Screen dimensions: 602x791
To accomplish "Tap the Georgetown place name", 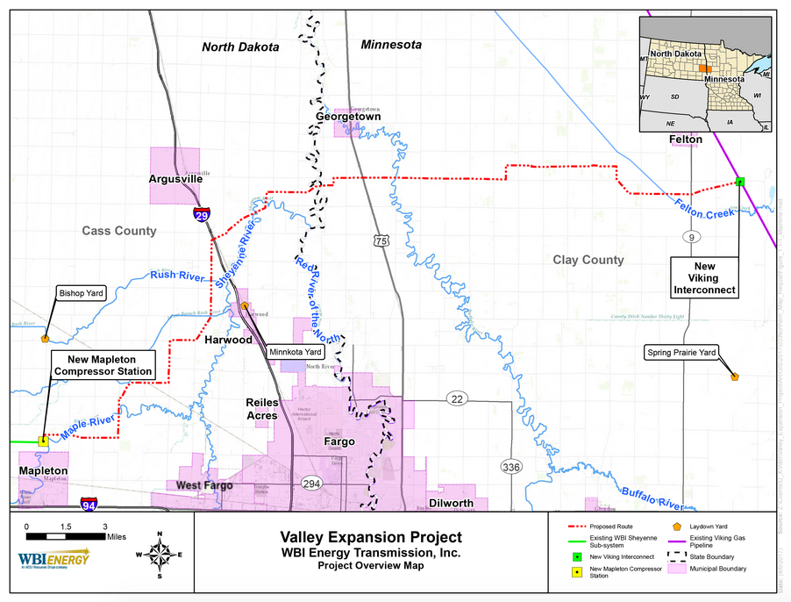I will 348,116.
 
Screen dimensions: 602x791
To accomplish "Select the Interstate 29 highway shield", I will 202,213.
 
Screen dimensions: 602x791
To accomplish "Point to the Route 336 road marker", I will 511,467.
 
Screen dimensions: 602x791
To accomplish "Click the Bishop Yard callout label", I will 81,294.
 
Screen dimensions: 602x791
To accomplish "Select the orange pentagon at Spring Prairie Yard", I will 734,376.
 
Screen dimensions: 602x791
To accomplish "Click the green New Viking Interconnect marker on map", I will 740,182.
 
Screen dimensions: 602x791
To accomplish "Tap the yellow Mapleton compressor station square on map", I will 42,441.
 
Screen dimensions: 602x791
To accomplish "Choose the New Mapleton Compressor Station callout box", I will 103,365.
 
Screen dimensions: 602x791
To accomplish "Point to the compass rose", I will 160,555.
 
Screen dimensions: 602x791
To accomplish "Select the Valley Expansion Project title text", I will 370,537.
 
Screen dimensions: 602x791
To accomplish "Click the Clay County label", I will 588,260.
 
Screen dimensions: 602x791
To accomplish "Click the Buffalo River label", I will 651,498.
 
